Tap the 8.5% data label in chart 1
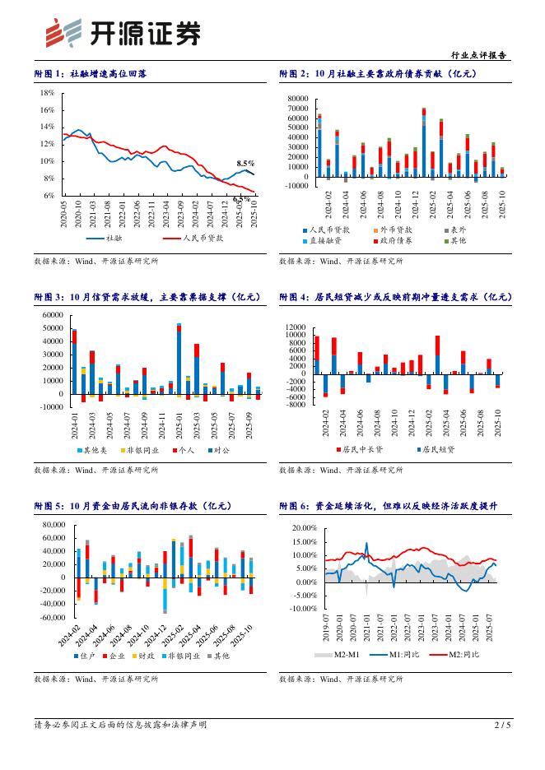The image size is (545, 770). point(245,164)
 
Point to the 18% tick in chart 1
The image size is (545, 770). point(48,93)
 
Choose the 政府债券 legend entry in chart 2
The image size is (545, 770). point(400,240)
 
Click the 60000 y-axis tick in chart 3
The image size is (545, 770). point(51,315)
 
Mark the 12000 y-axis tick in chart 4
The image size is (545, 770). point(295,327)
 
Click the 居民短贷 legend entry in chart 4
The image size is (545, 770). point(438,450)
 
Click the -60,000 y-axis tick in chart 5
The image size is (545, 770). point(49,617)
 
